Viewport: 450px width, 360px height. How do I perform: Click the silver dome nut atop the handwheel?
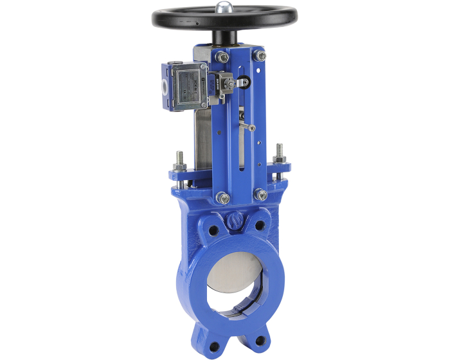pyautogui.click(x=224, y=8)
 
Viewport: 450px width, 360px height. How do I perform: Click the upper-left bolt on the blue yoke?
pyautogui.click(x=222, y=57)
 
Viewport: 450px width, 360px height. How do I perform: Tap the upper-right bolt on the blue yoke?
pyautogui.click(x=260, y=57)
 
